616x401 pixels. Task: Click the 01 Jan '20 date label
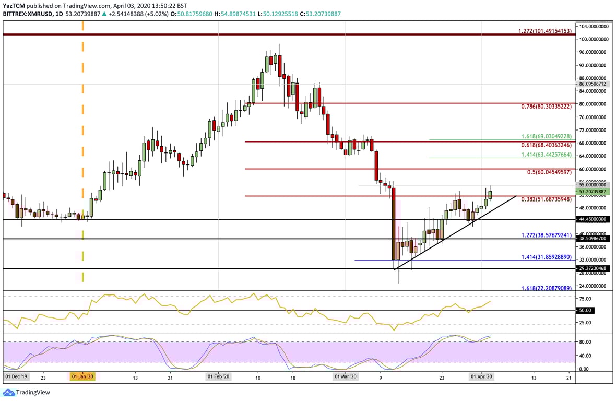pos(82,376)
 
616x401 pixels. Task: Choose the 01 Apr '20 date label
pos(481,376)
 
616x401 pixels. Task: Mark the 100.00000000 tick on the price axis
pos(594,39)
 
